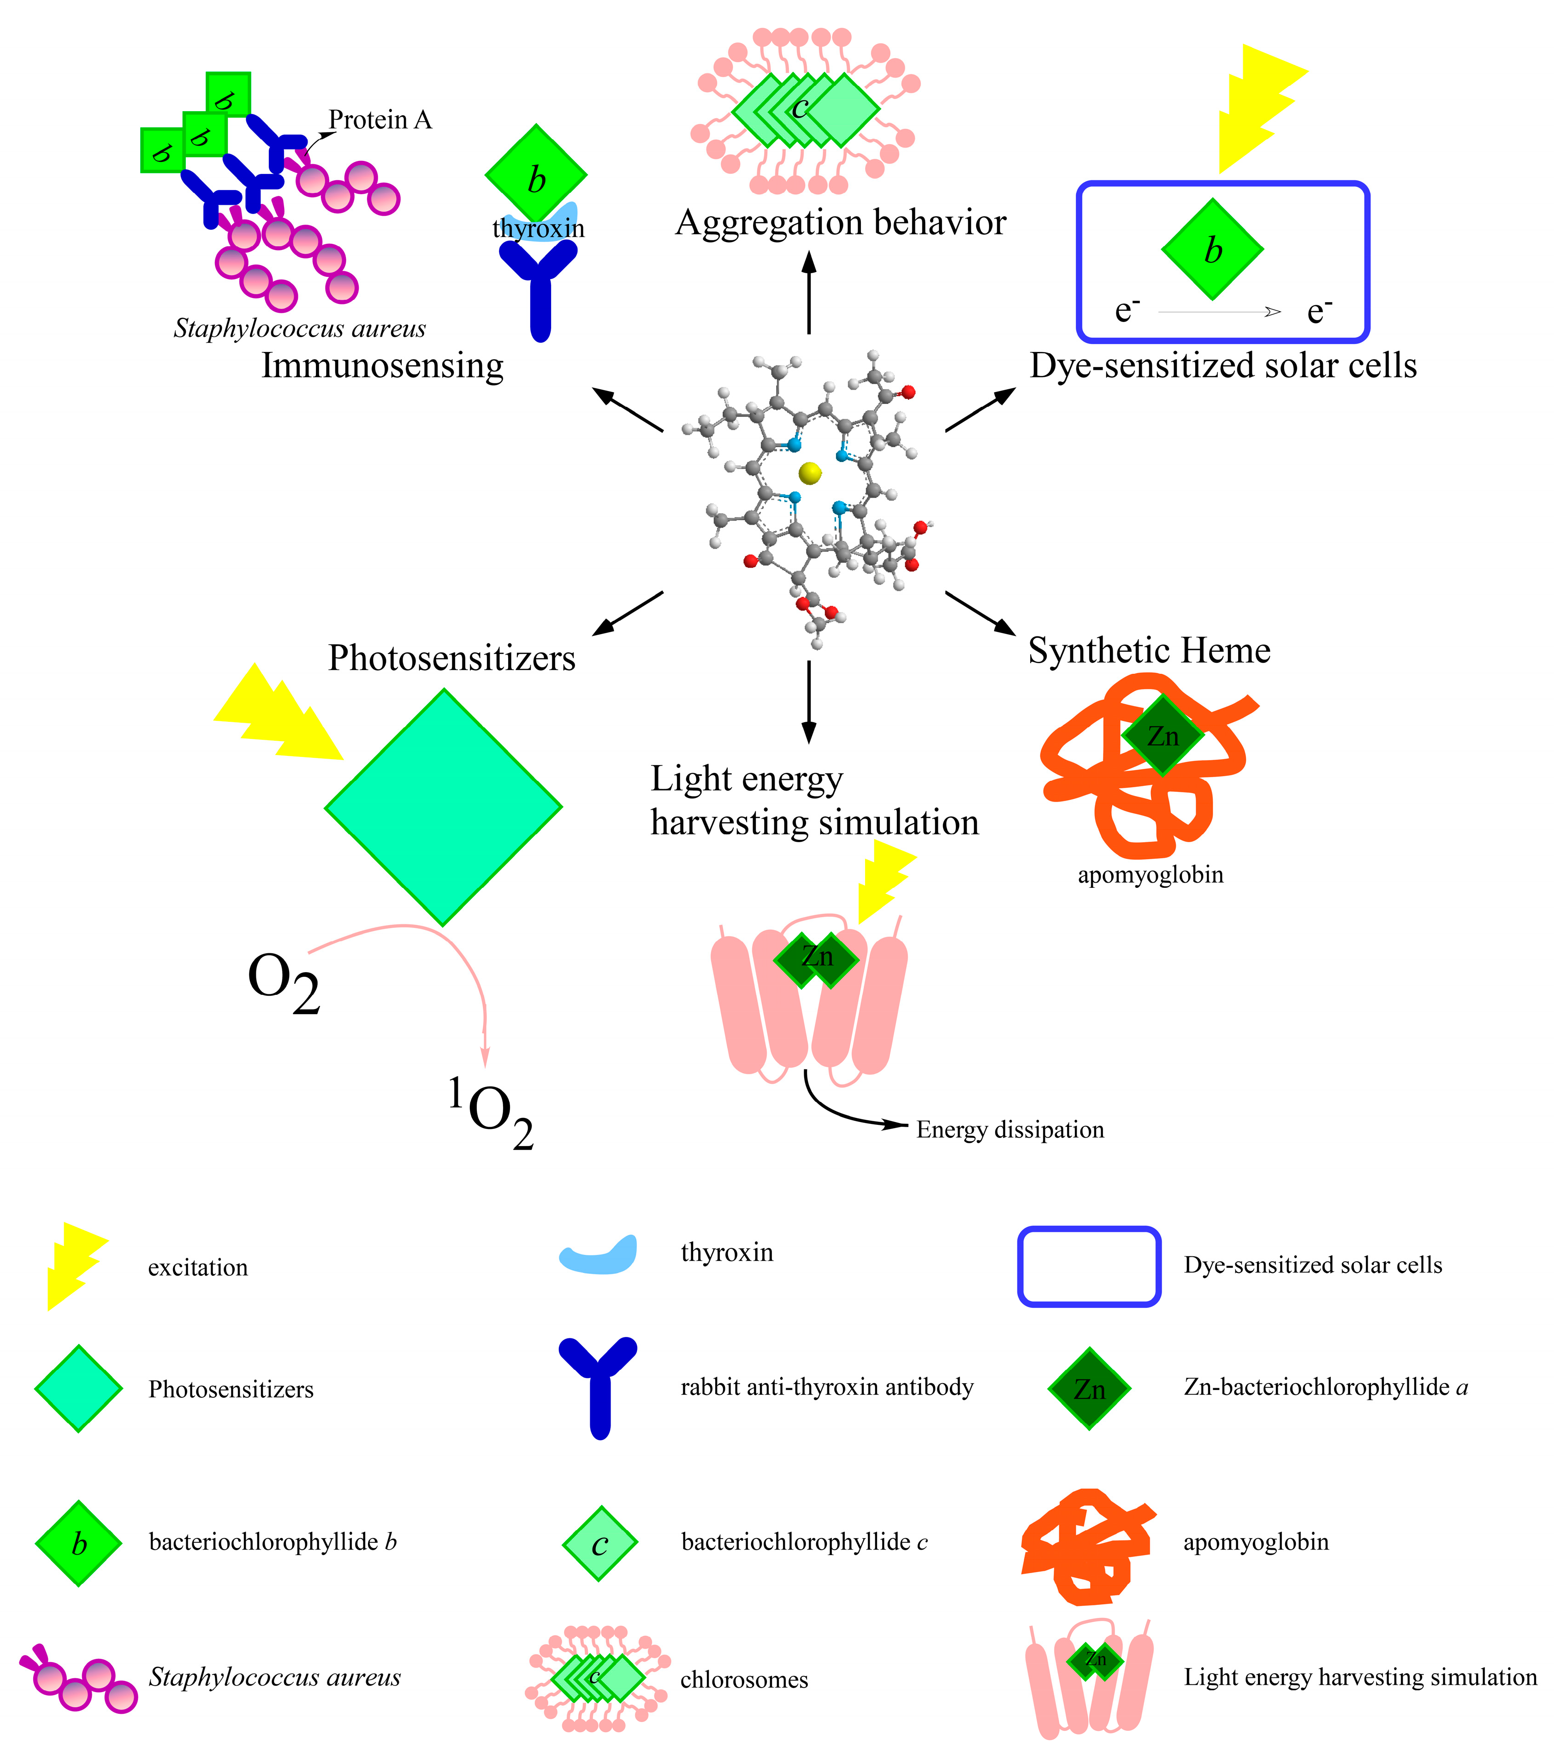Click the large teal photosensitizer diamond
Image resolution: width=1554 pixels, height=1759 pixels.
[443, 807]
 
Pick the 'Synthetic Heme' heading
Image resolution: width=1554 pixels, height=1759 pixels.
[1149, 651]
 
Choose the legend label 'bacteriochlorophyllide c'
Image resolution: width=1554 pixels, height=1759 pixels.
[804, 1541]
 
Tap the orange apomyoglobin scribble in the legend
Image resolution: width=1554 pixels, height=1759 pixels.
[1086, 1546]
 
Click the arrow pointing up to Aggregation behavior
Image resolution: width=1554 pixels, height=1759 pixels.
[809, 292]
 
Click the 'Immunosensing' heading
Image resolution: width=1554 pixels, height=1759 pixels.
[382, 366]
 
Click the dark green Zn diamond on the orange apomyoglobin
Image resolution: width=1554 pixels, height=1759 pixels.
[1163, 736]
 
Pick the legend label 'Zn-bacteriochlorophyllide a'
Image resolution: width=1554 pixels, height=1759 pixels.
[1325, 1387]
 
